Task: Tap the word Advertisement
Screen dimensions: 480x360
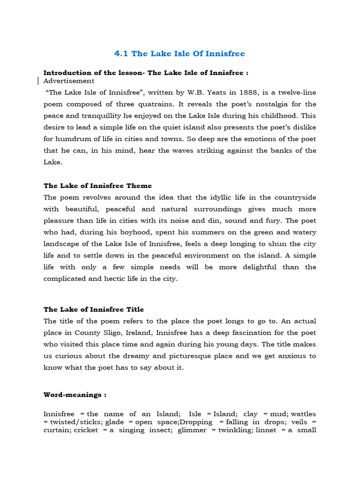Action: pyautogui.click(x=68, y=81)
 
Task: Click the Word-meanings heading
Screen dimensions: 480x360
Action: pyautogui.click(x=75, y=395)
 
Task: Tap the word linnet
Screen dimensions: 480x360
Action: pyautogui.click(x=268, y=430)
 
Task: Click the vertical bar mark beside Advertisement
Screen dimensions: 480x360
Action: pyautogui.click(x=38, y=81)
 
